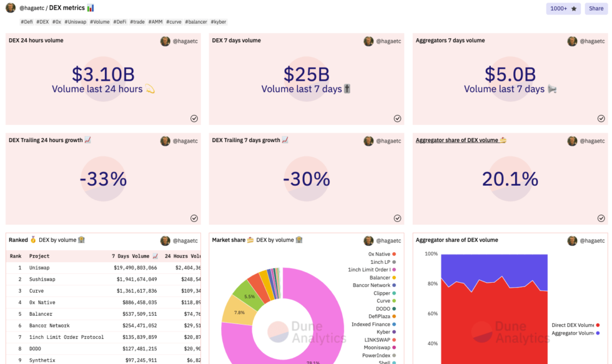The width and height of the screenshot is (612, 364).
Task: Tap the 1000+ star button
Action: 563,8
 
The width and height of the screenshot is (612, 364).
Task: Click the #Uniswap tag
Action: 75,22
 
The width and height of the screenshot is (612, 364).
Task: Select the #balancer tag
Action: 195,22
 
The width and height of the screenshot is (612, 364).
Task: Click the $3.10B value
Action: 103,74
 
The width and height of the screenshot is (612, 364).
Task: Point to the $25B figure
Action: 306,74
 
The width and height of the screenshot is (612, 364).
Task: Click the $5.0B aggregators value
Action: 510,74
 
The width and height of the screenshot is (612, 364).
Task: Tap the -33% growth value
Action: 103,179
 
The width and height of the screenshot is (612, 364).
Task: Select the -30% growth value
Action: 306,179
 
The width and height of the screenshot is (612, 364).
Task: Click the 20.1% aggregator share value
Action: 510,179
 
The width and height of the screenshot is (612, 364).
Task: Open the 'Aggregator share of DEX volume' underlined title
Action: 460,140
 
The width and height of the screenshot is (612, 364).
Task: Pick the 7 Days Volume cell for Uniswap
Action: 134,268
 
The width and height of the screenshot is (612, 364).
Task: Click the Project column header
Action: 39,256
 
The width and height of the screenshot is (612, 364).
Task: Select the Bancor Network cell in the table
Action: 49,326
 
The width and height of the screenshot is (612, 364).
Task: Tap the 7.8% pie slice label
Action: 239,313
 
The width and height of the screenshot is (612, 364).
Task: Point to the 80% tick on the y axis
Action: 431,284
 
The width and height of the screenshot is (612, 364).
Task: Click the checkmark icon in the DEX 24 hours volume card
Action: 194,118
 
